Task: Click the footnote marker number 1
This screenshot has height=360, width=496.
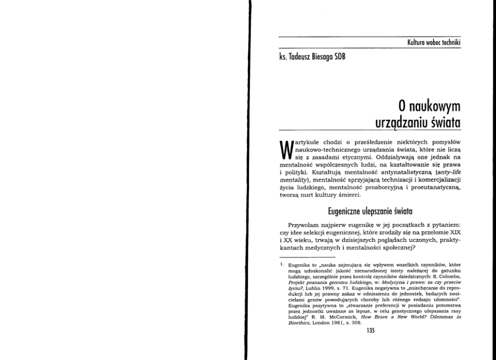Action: click(281, 260)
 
